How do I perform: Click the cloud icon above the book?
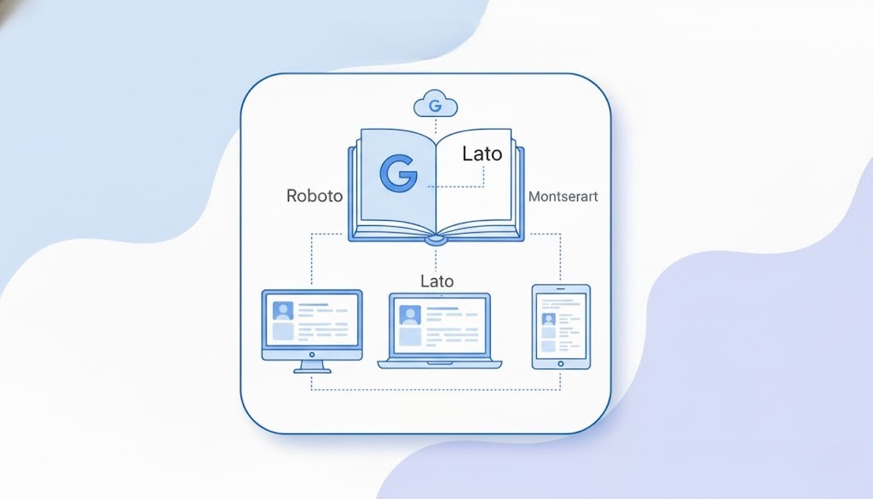[436, 106]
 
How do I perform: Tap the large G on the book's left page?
[397, 173]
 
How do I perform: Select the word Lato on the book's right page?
[482, 154]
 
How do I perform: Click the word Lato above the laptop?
[437, 281]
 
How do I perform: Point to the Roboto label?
[315, 196]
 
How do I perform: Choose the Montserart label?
[563, 196]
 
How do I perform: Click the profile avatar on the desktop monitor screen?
[283, 310]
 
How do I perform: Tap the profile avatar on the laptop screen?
[410, 316]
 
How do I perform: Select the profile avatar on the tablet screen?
[548, 319]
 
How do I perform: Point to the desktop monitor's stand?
[312, 366]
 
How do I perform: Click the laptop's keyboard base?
[440, 363]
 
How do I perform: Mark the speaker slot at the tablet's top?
[560, 289]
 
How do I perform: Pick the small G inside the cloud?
[436, 107]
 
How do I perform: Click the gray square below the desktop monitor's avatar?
[283, 332]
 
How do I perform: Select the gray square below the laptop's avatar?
[410, 336]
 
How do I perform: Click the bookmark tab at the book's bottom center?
[436, 241]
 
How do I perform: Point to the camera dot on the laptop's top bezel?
[440, 297]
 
